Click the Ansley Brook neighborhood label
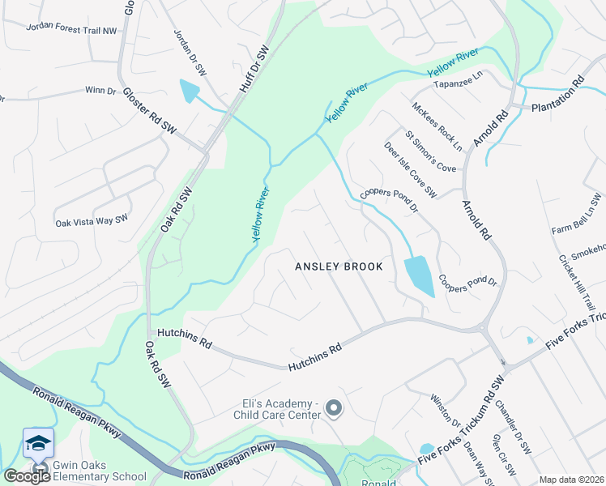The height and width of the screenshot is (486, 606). (338, 266)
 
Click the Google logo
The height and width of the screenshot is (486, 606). (27, 476)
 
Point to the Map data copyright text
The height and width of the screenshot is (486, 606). (571, 480)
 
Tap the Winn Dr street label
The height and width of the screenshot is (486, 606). (100, 91)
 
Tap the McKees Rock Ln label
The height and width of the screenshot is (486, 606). (437, 126)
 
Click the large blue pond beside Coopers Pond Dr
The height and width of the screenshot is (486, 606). (418, 276)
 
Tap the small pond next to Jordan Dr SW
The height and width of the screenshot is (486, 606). (190, 91)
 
